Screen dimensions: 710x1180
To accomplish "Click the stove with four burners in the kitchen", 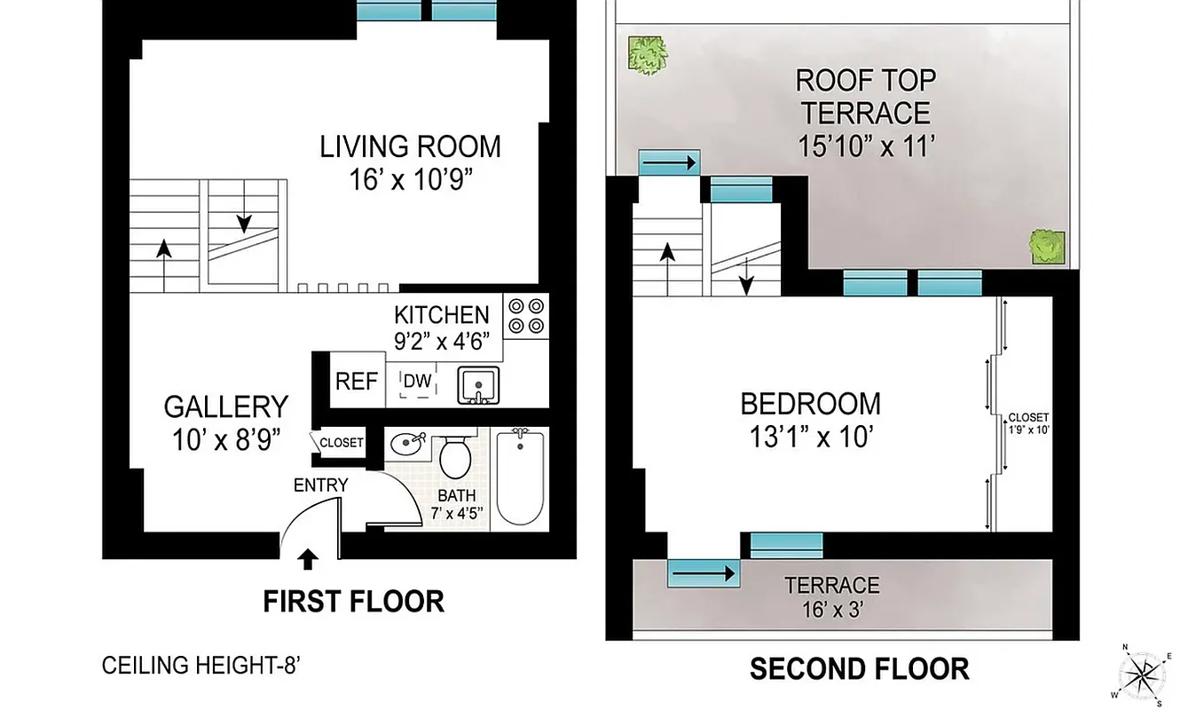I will click(526, 316).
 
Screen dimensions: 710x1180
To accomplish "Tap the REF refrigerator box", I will click(357, 382).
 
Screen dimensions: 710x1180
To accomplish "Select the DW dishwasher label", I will click(417, 382).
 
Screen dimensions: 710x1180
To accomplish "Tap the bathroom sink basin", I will click(408, 441).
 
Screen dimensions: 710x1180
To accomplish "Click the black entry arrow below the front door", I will click(308, 558).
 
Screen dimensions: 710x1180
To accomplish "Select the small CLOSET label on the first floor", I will click(342, 443).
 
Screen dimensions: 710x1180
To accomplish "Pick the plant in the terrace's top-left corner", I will click(648, 55).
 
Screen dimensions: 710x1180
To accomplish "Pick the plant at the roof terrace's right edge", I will click(1048, 246).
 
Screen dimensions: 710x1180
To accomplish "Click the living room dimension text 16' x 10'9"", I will click(410, 180).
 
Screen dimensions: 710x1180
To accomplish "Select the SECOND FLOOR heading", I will click(859, 667).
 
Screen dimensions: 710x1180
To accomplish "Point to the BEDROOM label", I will click(810, 404).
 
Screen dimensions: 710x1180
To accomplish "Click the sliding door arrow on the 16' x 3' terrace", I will click(704, 573).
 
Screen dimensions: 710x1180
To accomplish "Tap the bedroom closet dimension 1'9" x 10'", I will click(1028, 430).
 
